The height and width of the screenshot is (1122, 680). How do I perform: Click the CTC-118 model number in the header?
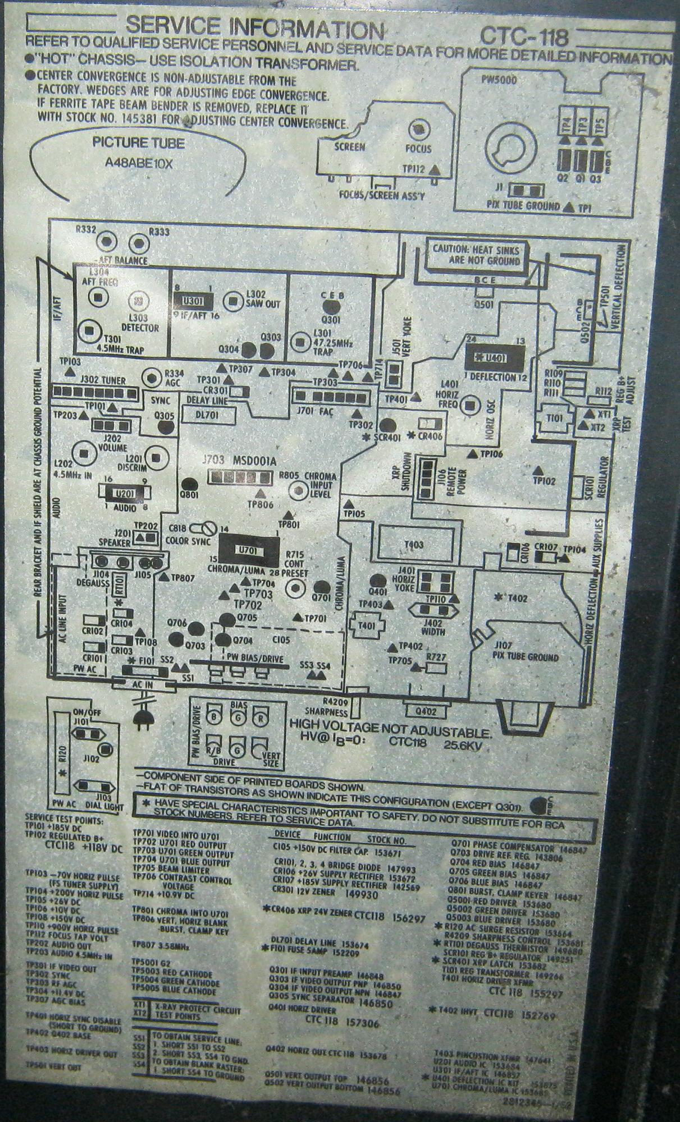tap(524, 37)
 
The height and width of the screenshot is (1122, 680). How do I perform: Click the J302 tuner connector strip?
tap(97, 391)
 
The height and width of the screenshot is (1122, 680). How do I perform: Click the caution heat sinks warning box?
tap(475, 254)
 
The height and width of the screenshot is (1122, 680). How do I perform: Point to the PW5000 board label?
tap(499, 80)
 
